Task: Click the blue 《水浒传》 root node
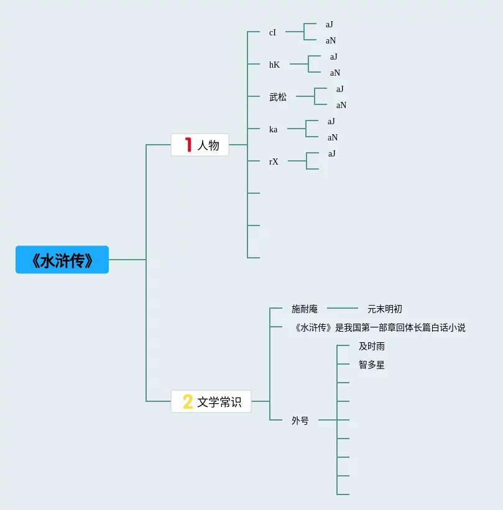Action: click(x=62, y=260)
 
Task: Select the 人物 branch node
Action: click(x=200, y=145)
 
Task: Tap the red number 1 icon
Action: click(x=188, y=145)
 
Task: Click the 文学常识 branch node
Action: click(x=211, y=402)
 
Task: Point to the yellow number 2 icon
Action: click(x=187, y=402)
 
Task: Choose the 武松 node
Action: click(x=278, y=97)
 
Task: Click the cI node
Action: click(x=272, y=32)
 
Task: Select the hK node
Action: click(x=274, y=65)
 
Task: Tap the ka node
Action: click(x=273, y=129)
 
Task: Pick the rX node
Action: click(x=274, y=162)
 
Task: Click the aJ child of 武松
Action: click(x=340, y=89)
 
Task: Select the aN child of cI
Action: click(x=331, y=40)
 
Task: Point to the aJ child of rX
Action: click(x=332, y=153)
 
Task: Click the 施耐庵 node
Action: click(x=305, y=309)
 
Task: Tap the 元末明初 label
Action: click(x=385, y=309)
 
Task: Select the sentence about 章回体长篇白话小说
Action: click(x=379, y=327)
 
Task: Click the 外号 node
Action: click(x=300, y=421)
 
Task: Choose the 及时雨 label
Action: click(x=372, y=346)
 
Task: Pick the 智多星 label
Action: click(x=372, y=365)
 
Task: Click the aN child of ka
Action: click(x=333, y=137)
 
